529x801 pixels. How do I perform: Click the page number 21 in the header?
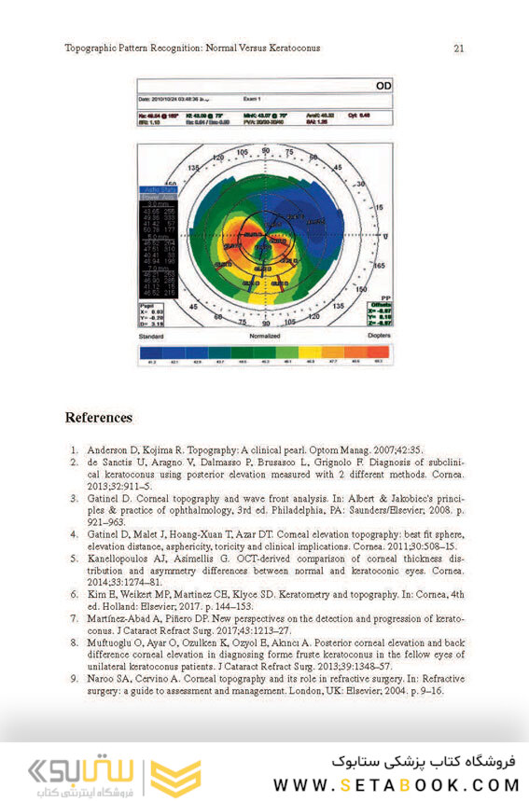coord(458,48)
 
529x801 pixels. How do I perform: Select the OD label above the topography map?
coord(383,85)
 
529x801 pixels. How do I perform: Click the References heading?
coord(98,417)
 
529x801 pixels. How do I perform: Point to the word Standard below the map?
coord(151,335)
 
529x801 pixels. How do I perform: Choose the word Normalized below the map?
coord(266,335)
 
